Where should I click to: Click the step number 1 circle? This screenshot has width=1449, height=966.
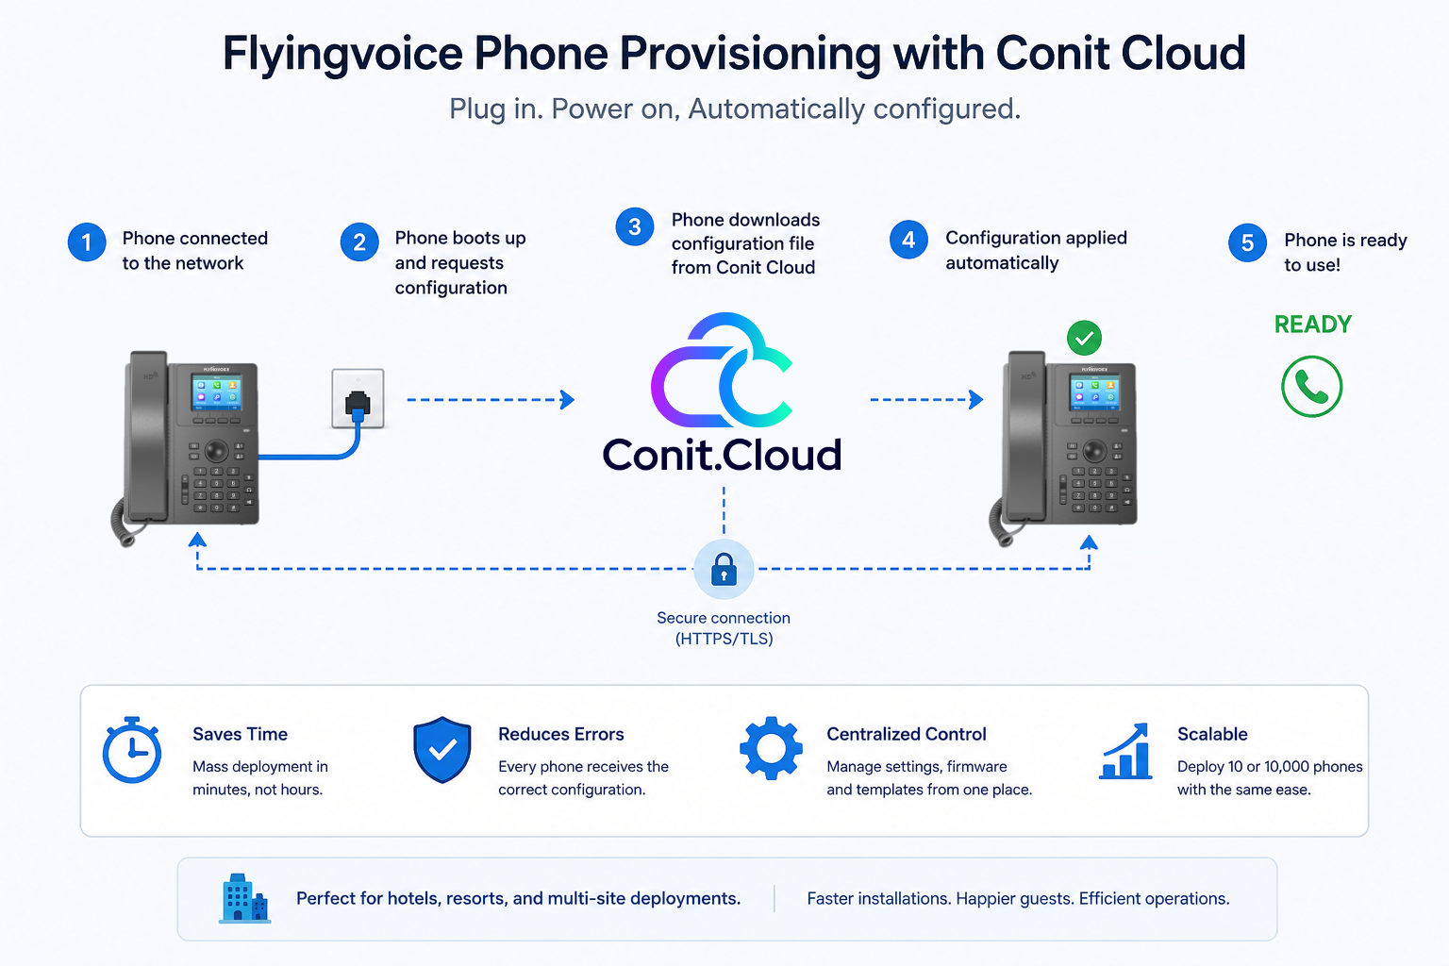pos(87,242)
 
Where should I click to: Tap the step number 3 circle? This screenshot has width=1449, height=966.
pos(635,226)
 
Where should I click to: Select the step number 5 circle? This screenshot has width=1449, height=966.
pos(1247,243)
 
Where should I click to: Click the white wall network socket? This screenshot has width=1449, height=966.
pos(358,398)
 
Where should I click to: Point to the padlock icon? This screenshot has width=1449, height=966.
pos(724,569)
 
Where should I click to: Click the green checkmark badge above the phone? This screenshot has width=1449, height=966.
pos(1084,338)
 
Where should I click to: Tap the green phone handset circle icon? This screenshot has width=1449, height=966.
pos(1312,386)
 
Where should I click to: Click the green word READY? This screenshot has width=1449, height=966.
pos(1312,325)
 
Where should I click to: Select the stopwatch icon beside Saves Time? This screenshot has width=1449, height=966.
pos(132,750)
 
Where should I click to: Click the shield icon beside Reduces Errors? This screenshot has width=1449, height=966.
pos(442,749)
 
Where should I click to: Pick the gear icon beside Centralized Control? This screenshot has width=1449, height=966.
pos(771,748)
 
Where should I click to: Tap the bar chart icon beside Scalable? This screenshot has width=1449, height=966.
pos(1125,751)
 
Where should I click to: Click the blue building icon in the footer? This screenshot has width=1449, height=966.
pos(244,898)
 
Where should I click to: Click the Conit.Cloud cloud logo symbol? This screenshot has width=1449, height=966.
pos(722,370)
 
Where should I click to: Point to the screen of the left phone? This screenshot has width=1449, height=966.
pos(217,391)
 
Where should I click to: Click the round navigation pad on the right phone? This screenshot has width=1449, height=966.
pos(1094,449)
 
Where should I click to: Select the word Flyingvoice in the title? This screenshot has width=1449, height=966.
pos(342,54)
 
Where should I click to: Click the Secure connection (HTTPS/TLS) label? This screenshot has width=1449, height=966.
pos(724,628)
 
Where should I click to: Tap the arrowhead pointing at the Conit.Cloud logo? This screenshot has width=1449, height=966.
pos(567,399)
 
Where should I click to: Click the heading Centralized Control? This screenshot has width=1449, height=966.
pos(907,734)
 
